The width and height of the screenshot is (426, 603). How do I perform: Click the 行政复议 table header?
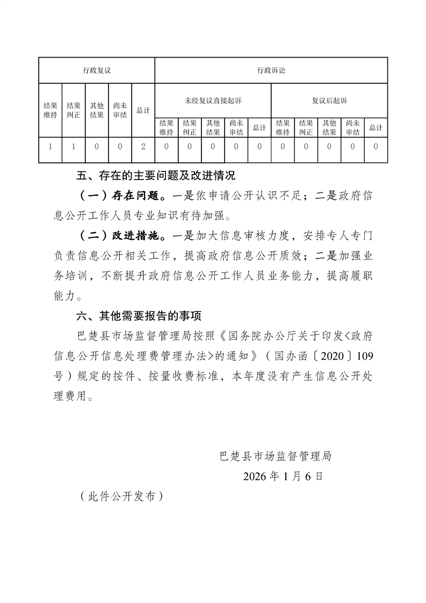point(97,70)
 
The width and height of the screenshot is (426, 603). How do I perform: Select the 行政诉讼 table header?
point(271,70)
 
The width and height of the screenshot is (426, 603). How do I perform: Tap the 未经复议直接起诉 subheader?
point(213,101)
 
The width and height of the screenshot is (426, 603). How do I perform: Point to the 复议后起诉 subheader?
point(329,101)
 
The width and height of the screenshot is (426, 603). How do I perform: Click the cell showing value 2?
point(143,146)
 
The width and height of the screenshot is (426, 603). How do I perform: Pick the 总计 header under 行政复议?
point(143,110)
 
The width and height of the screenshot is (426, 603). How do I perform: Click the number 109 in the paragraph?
point(365,357)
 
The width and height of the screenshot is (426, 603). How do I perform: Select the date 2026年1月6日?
point(283,476)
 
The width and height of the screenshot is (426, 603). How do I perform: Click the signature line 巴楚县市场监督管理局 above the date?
point(276,457)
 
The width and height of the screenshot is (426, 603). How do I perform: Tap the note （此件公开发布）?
point(121,497)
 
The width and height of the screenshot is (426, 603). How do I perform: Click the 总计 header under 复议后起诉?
point(376,128)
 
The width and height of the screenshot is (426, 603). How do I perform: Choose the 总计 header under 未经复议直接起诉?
point(259,128)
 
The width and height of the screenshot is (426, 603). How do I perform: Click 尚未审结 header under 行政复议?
point(120,110)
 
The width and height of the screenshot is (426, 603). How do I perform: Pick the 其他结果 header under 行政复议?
point(97,110)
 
